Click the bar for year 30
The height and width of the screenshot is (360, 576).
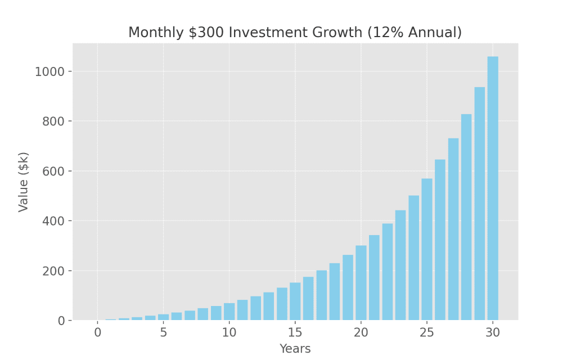click(493, 188)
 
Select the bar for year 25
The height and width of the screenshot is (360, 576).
click(427, 250)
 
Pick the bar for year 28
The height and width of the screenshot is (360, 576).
click(466, 217)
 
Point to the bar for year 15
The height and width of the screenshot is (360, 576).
click(295, 301)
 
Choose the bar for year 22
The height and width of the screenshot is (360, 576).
click(388, 272)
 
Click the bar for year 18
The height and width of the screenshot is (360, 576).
click(335, 292)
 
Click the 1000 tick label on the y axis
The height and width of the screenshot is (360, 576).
click(52, 71)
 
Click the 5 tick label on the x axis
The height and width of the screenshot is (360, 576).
click(163, 332)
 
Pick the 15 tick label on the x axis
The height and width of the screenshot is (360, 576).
click(295, 332)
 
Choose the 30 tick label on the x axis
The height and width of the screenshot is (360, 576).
click(493, 332)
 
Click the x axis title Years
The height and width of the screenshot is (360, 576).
click(295, 349)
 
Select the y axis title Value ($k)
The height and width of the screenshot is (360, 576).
click(23, 182)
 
